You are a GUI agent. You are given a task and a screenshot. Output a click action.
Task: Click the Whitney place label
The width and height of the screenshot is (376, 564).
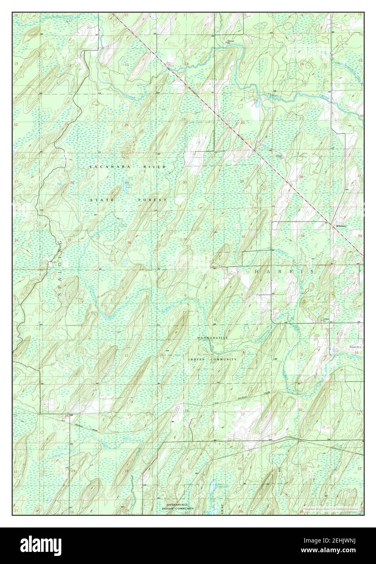pos(340,226)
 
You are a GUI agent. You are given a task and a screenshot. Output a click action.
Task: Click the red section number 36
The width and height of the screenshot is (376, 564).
pos(129,243)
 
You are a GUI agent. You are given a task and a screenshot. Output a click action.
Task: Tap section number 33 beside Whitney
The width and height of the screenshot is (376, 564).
pos(303,235)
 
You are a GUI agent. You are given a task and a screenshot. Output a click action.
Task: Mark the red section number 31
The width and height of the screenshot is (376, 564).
pos(185,239)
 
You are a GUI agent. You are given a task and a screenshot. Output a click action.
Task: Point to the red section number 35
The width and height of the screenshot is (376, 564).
pos(69,240)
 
